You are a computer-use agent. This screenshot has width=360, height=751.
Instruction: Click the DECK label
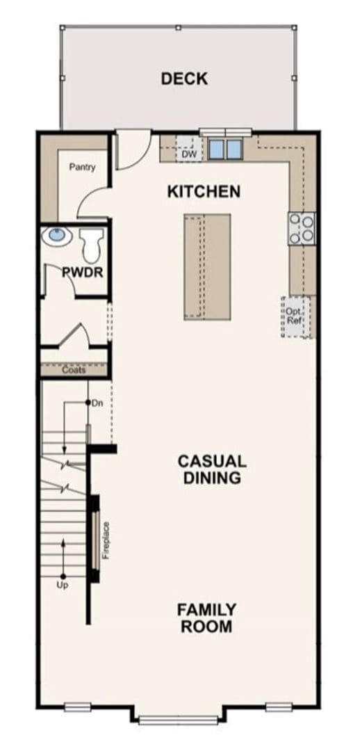pos(184,79)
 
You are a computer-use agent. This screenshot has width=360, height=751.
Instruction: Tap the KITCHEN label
pos(204,191)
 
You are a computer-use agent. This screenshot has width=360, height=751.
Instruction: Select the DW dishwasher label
pos(189,154)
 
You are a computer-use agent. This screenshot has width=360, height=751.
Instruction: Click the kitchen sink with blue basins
pos(224,148)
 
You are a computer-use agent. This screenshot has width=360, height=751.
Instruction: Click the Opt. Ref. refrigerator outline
pos(294,316)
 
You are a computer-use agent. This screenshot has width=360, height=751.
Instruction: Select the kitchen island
pos(207,267)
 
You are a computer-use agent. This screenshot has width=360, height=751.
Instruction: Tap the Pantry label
pos(82,168)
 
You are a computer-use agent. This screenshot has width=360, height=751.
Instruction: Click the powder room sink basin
pos(56,237)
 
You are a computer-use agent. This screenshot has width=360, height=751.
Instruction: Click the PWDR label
pos(83,272)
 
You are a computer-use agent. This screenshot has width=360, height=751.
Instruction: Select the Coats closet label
pos(74,370)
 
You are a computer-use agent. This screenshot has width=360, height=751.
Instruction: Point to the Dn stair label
pos(97,403)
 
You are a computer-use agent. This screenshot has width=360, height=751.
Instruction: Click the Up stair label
pos(63,586)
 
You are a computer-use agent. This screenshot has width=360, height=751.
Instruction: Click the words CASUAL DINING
pos(212,469)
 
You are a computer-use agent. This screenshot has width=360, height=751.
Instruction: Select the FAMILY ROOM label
pos(206,617)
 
